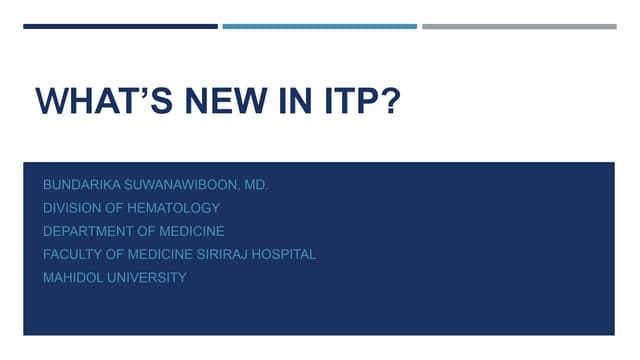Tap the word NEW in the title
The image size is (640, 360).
pyautogui.click(x=208, y=103)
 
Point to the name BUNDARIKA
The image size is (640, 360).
pyautogui.click(x=83, y=185)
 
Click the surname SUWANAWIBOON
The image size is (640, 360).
pyautogui.click(x=186, y=185)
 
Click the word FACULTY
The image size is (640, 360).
pyautogui.click(x=71, y=254)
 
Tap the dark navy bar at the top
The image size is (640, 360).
pyautogui.click(x=120, y=26)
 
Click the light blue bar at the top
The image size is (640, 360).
pyautogui.click(x=319, y=26)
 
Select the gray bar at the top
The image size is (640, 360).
pyautogui.click(x=519, y=26)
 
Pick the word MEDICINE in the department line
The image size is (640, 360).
pyautogui.click(x=190, y=231)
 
